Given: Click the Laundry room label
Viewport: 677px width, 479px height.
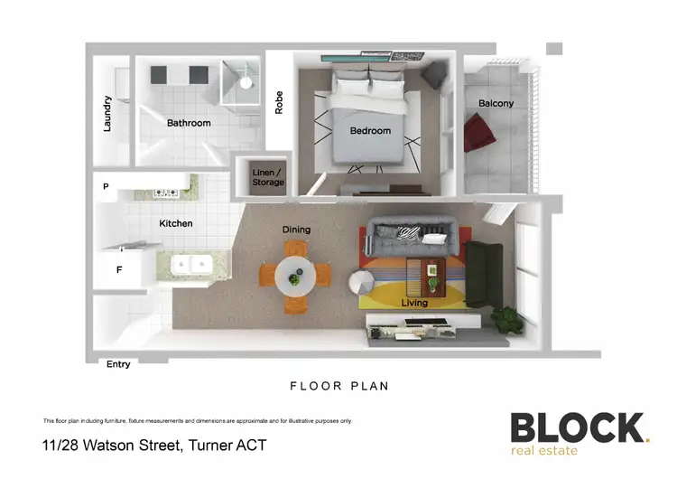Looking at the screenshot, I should click(107, 114).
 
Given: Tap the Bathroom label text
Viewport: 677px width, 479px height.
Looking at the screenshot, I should click(189, 123).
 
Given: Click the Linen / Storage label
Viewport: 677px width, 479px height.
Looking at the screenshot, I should click(267, 177).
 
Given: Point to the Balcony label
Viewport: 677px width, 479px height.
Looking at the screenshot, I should click(496, 103).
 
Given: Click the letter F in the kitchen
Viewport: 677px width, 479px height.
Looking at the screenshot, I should click(119, 269).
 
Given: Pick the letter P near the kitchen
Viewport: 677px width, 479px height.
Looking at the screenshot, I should click(106, 187).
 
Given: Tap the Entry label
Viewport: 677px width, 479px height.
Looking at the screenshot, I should click(118, 364).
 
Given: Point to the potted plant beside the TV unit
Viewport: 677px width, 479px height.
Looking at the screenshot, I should click(507, 318).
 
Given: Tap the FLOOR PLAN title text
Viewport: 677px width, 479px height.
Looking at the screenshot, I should click(338, 386).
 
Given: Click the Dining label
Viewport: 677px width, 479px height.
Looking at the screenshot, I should click(296, 230).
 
